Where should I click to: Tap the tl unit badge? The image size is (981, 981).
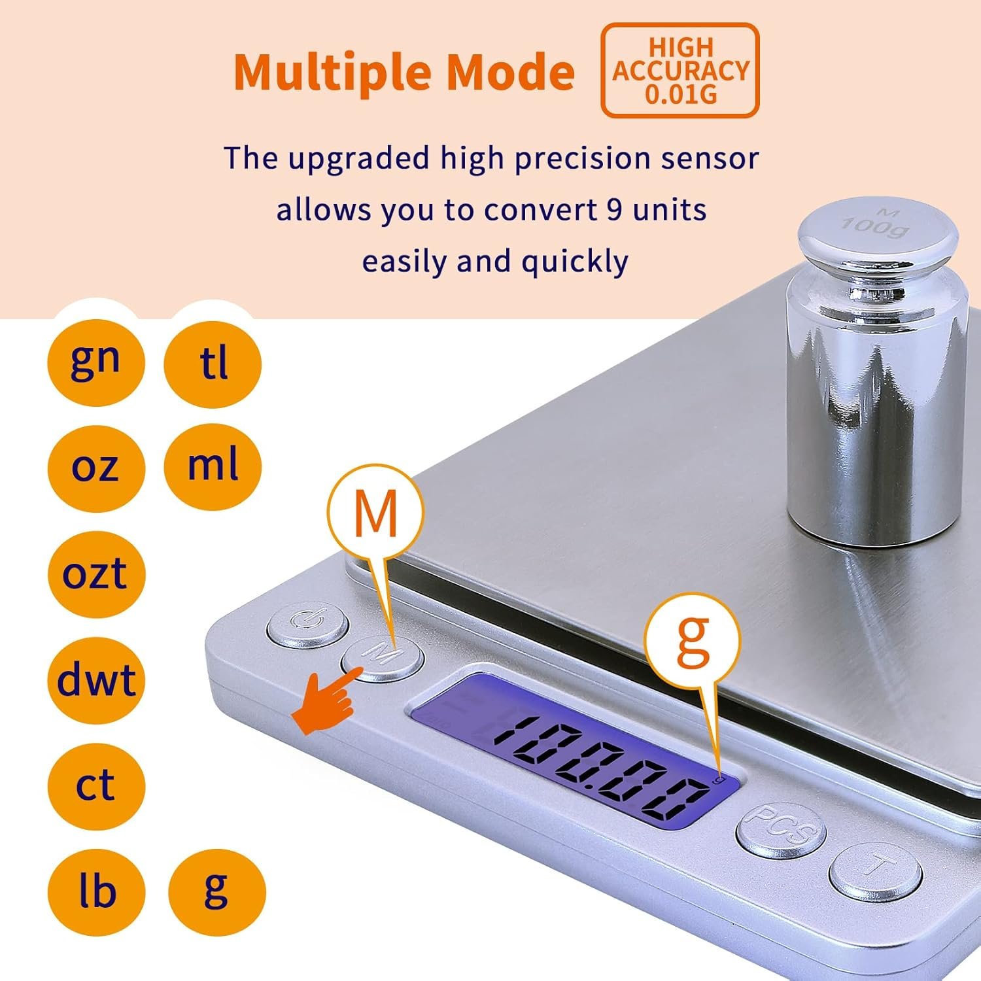point(213,364)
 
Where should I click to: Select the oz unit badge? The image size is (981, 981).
point(95,467)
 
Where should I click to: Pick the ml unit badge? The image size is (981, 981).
point(213,466)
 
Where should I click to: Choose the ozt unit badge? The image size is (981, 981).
point(95,574)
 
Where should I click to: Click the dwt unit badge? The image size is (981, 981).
point(95,680)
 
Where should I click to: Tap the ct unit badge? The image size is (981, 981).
point(95,786)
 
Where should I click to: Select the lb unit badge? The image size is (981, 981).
point(95,892)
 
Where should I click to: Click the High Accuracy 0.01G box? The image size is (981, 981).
point(680,71)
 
